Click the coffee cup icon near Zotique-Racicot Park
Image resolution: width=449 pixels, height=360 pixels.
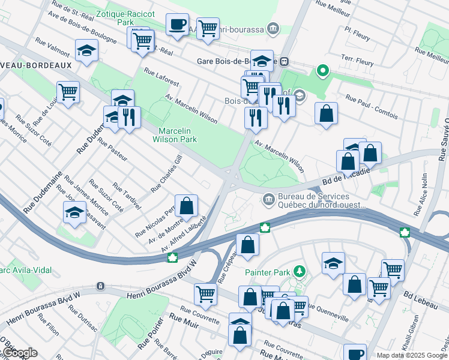pos(177,25)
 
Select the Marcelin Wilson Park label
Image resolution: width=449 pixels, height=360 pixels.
pos(178,135)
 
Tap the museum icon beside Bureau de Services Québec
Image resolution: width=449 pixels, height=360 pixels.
pos(269,199)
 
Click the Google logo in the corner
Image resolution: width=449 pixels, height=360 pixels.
pos(19,353)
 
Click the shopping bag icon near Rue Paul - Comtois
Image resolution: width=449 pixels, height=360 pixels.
pos(326,113)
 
